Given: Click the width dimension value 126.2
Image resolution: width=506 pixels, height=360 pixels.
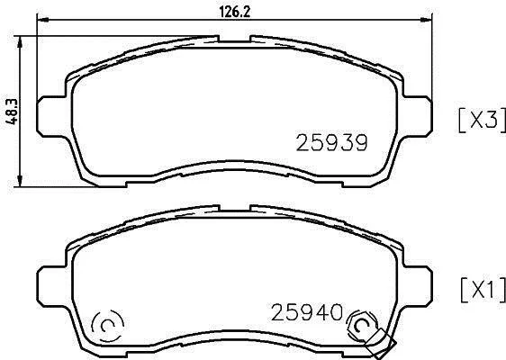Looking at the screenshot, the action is coord(235,13).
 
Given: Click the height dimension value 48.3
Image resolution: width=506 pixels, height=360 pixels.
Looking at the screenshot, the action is coord(12,112).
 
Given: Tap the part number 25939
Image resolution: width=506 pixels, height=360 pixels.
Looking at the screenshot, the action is coord(331,142).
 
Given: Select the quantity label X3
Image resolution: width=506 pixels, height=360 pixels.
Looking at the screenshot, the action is coord(482,120).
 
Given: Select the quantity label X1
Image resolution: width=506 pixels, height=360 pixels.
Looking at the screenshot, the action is coord(483,291).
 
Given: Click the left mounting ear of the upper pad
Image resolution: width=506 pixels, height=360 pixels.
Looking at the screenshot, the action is coord(52,116).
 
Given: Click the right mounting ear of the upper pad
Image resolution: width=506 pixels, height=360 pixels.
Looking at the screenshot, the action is coord(417,115).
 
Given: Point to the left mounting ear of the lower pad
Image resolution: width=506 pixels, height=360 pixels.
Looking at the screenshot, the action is coord(52,286).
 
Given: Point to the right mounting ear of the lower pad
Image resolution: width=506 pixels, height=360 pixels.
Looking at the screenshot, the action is coord(417,285).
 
